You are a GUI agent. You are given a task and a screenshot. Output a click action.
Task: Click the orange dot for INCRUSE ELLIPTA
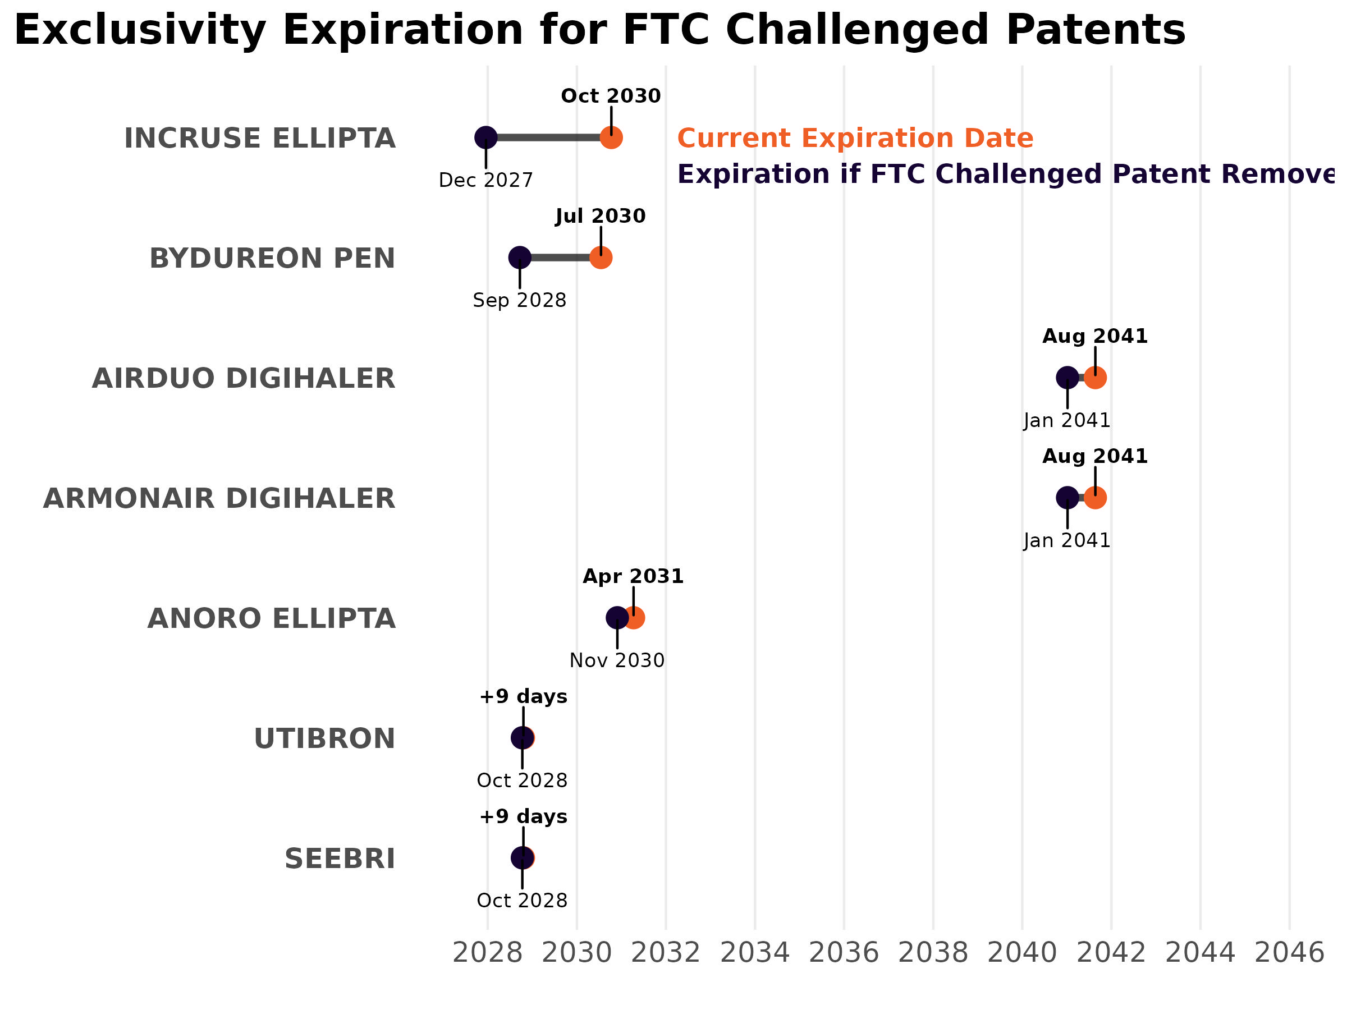click(x=611, y=137)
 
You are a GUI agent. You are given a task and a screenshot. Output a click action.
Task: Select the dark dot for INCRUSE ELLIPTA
click(x=485, y=137)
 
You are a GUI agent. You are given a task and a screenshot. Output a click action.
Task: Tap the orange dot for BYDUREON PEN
click(x=601, y=258)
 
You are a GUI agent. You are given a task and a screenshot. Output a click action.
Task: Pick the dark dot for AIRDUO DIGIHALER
click(x=1067, y=378)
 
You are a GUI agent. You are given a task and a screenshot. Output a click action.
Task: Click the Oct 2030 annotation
click(x=610, y=96)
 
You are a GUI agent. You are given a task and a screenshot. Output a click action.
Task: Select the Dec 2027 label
click(x=485, y=180)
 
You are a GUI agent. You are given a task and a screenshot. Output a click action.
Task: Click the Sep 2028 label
click(x=519, y=300)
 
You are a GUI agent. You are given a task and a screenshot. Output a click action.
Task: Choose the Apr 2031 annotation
click(x=633, y=576)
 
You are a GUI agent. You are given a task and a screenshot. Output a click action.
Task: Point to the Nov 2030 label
click(x=616, y=660)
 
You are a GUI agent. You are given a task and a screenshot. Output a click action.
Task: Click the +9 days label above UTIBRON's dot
click(x=523, y=696)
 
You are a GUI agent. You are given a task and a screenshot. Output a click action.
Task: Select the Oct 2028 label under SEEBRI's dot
click(x=522, y=901)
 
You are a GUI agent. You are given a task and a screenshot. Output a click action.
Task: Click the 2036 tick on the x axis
click(x=844, y=953)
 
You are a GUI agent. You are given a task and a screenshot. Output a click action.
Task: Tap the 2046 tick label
click(x=1289, y=953)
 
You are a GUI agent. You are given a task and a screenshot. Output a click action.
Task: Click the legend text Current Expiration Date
click(x=855, y=138)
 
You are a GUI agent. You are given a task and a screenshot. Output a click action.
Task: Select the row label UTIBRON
click(x=324, y=738)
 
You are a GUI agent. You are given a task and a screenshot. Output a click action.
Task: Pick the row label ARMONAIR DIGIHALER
click(x=219, y=499)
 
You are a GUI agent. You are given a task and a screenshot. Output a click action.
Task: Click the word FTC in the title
click(x=666, y=30)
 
